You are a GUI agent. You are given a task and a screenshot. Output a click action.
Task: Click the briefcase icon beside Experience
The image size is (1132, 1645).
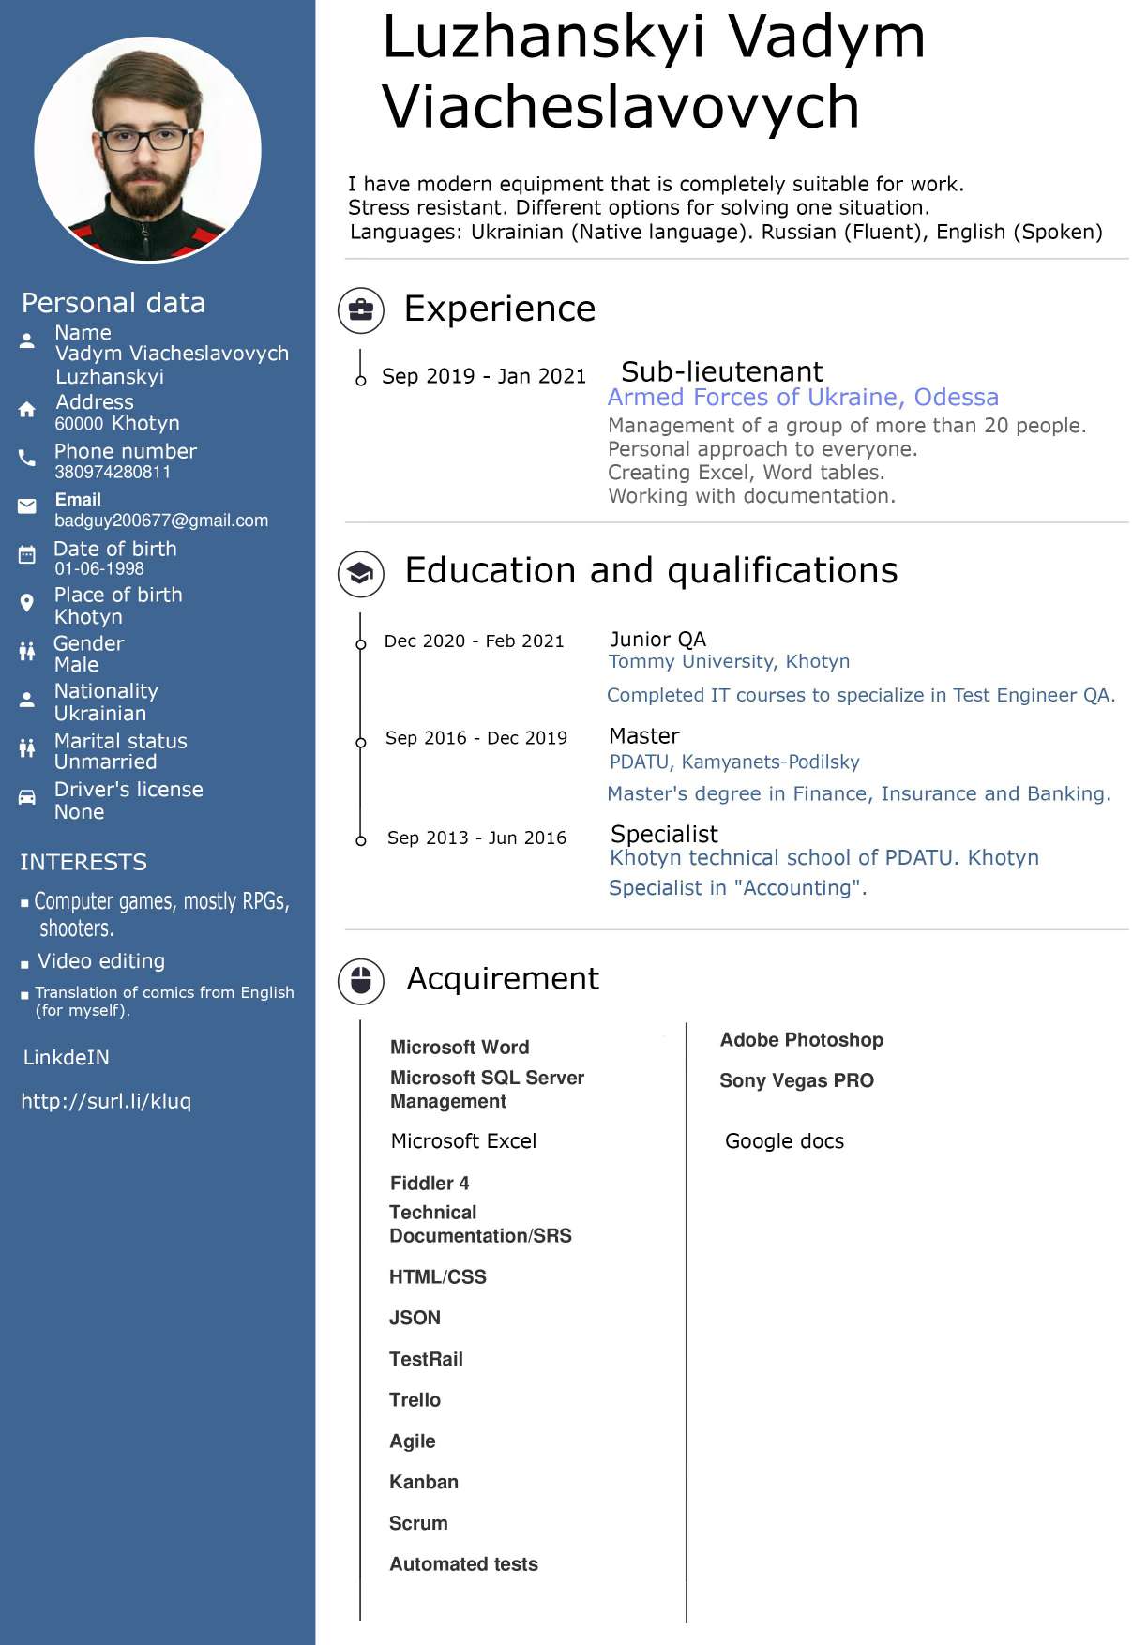pyautogui.click(x=361, y=310)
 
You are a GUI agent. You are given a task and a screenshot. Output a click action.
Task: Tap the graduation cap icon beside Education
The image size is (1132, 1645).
pyautogui.click(x=361, y=573)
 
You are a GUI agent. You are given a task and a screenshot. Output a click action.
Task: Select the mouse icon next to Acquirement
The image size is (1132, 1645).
pyautogui.click(x=361, y=981)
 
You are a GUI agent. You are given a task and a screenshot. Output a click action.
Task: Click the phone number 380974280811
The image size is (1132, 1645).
pyautogui.click(x=113, y=473)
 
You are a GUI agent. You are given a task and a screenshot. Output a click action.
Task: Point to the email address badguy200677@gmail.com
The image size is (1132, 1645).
pyautogui.click(x=161, y=521)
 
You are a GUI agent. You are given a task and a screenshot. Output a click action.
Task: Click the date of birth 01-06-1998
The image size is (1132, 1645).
pyautogui.click(x=99, y=569)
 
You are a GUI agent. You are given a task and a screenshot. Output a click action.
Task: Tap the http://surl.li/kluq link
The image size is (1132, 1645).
pyautogui.click(x=106, y=1101)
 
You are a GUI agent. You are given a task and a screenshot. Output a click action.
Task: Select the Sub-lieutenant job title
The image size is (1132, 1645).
pyautogui.click(x=721, y=371)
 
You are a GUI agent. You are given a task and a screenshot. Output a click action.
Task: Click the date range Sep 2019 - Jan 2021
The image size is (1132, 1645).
pyautogui.click(x=483, y=376)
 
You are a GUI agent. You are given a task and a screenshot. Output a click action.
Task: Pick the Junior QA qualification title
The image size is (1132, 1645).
pyautogui.click(x=657, y=640)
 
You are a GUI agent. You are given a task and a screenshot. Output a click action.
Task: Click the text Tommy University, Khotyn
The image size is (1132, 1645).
pyautogui.click(x=729, y=661)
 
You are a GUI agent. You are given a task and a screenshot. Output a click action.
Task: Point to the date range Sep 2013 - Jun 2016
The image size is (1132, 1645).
pyautogui.click(x=476, y=838)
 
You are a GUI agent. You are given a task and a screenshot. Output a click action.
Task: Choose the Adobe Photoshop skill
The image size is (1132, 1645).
pyautogui.click(x=801, y=1040)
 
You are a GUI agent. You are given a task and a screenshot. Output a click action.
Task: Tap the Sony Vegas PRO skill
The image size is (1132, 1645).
pyautogui.click(x=796, y=1080)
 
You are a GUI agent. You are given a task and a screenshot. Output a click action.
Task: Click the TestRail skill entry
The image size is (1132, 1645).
pyautogui.click(x=426, y=1359)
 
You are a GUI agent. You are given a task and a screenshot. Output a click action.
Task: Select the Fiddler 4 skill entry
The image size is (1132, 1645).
pyautogui.click(x=430, y=1184)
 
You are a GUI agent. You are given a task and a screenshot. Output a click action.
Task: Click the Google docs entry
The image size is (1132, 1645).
pyautogui.click(x=784, y=1141)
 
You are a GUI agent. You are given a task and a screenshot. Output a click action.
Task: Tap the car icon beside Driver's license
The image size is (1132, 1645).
pyautogui.click(x=27, y=797)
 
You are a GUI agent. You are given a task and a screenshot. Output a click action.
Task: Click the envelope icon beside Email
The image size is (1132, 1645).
pyautogui.click(x=27, y=506)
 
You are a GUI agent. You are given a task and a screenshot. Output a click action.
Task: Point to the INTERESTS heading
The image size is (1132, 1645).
pyautogui.click(x=83, y=862)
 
